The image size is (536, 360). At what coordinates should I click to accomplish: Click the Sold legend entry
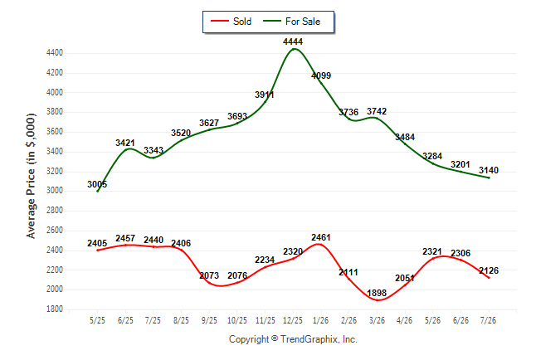click(x=231, y=22)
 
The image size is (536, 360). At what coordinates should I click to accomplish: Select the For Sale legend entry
click(x=291, y=22)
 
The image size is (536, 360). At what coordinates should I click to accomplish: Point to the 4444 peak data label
click(x=293, y=41)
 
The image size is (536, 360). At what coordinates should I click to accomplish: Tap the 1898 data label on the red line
click(x=377, y=293)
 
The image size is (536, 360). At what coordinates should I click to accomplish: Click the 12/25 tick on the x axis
click(x=293, y=320)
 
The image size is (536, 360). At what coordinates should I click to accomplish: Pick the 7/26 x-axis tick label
click(x=488, y=320)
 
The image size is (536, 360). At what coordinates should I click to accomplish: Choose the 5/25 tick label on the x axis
click(x=97, y=320)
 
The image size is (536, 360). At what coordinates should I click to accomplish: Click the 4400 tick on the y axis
click(x=55, y=53)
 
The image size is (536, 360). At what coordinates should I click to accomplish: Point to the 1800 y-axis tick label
click(x=55, y=309)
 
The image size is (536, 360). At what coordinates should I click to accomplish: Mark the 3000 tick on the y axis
click(x=55, y=191)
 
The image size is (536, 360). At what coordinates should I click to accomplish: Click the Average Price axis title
click(x=31, y=176)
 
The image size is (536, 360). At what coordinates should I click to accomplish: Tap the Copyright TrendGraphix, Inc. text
click(x=293, y=339)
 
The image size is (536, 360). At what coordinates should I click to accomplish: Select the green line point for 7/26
click(x=489, y=178)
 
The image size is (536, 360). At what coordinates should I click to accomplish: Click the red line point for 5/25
click(x=97, y=251)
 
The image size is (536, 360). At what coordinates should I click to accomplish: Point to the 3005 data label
click(x=97, y=185)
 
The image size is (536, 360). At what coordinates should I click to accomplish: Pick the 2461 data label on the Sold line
click(x=321, y=237)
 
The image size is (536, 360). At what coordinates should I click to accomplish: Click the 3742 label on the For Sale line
click(x=377, y=111)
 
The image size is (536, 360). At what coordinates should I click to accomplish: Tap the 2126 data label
click(x=489, y=270)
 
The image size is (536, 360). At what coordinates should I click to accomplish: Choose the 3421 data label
click(x=125, y=143)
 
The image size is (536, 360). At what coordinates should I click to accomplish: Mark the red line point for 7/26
click(x=489, y=278)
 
